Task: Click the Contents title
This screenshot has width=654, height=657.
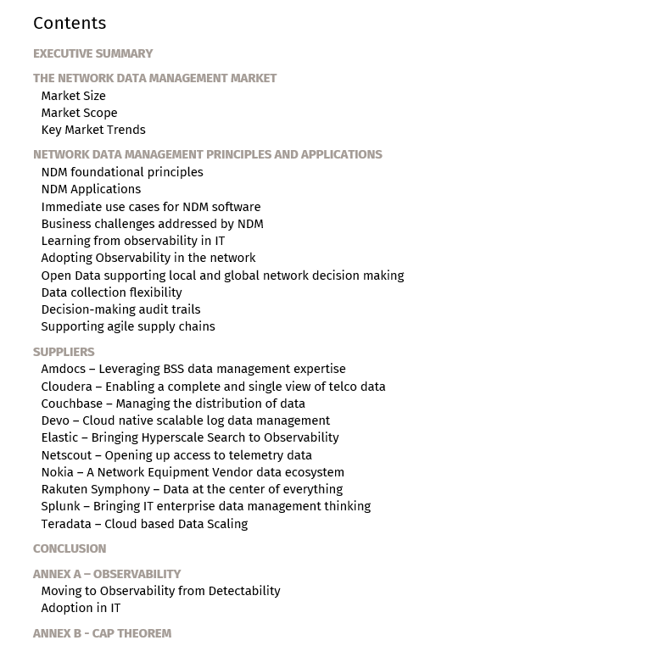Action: click(70, 24)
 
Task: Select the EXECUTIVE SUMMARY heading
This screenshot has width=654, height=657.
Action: click(92, 53)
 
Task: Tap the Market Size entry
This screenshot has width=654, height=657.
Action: click(73, 96)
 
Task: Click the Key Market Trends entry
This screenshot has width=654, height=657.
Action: click(93, 130)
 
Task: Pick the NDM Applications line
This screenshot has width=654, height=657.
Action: click(91, 189)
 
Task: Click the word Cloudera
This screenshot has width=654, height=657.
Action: click(66, 387)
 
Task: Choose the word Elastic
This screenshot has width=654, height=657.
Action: click(60, 437)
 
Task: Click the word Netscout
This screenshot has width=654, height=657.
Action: click(67, 455)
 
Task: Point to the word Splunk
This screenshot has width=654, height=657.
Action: click(60, 506)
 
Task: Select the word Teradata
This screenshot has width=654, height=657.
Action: click(66, 524)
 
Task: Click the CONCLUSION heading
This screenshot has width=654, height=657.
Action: click(70, 548)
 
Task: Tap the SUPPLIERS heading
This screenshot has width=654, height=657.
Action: click(64, 352)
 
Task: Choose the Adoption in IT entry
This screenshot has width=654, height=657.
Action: click(81, 608)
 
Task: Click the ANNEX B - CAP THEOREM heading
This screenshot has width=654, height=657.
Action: click(102, 633)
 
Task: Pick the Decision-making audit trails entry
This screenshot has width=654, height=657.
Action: click(120, 309)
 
